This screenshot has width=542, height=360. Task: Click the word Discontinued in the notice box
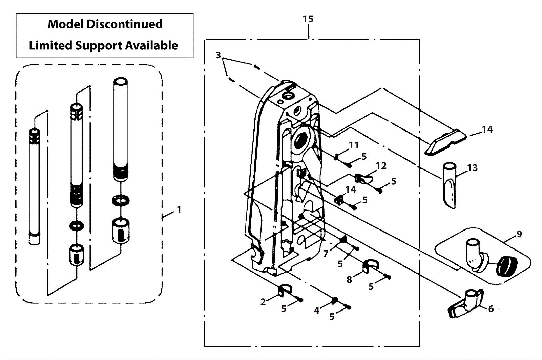[125, 24]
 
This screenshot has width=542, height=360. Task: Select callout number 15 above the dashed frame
[308, 19]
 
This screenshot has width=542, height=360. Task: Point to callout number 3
[218, 55]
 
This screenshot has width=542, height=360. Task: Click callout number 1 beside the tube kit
[179, 210]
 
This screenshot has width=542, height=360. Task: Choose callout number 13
[472, 168]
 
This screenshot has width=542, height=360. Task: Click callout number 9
[519, 234]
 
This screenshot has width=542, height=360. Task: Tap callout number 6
[491, 308]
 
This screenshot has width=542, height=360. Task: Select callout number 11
[354, 145]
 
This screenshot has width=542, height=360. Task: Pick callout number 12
[381, 166]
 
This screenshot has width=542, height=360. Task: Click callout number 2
[263, 302]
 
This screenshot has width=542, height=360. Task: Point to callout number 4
[317, 310]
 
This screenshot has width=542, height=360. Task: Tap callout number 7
[326, 254]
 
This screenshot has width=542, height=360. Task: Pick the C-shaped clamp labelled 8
[370, 266]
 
